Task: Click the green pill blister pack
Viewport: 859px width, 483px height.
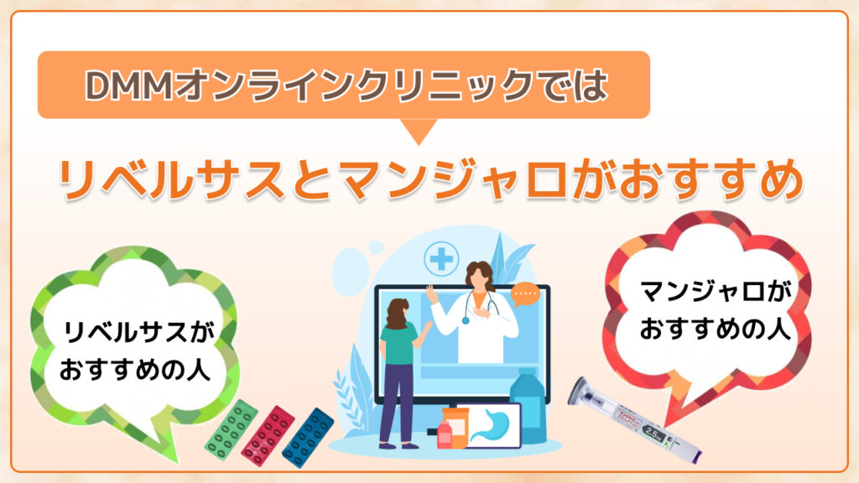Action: click(231, 429)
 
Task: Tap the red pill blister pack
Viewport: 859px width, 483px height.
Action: click(268, 435)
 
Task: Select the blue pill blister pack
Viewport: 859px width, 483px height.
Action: click(308, 438)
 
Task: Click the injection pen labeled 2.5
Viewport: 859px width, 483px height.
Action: click(635, 420)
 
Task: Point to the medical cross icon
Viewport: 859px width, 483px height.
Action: click(441, 259)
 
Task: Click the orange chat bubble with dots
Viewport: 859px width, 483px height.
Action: click(526, 295)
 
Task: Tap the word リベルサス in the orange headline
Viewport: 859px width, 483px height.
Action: click(171, 179)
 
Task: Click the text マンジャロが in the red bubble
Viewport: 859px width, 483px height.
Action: click(716, 292)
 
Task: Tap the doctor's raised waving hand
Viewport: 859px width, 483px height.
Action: click(432, 294)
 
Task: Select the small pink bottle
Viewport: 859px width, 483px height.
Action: click(445, 435)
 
